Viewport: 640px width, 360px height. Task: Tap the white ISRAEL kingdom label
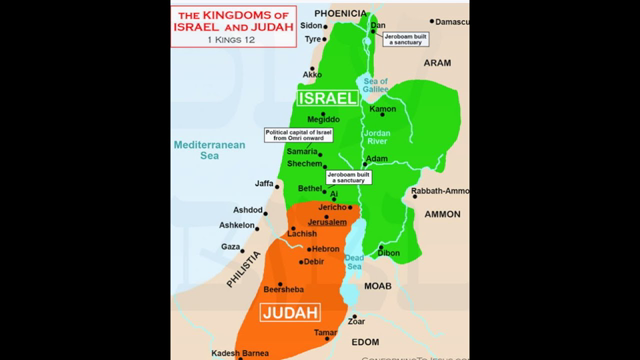point(325,98)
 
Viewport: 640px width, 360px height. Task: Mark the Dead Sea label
point(355,262)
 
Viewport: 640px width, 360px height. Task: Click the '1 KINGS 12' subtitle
point(236,44)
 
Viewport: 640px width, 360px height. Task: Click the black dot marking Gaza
point(247,245)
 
